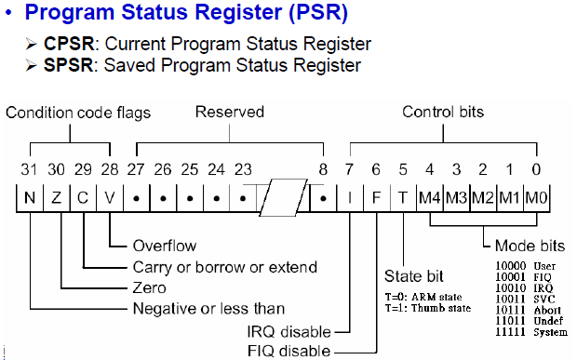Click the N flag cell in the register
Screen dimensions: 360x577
(x=31, y=199)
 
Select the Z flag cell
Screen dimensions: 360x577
(x=58, y=199)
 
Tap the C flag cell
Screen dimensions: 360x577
(x=84, y=199)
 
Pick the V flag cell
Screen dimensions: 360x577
(x=110, y=199)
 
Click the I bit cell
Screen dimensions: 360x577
(x=350, y=199)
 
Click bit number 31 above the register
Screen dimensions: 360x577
(x=30, y=170)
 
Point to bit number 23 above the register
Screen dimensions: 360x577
(x=244, y=170)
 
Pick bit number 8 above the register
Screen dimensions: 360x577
(x=321, y=170)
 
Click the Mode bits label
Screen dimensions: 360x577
(x=528, y=247)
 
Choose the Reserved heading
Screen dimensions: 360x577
(x=229, y=113)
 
